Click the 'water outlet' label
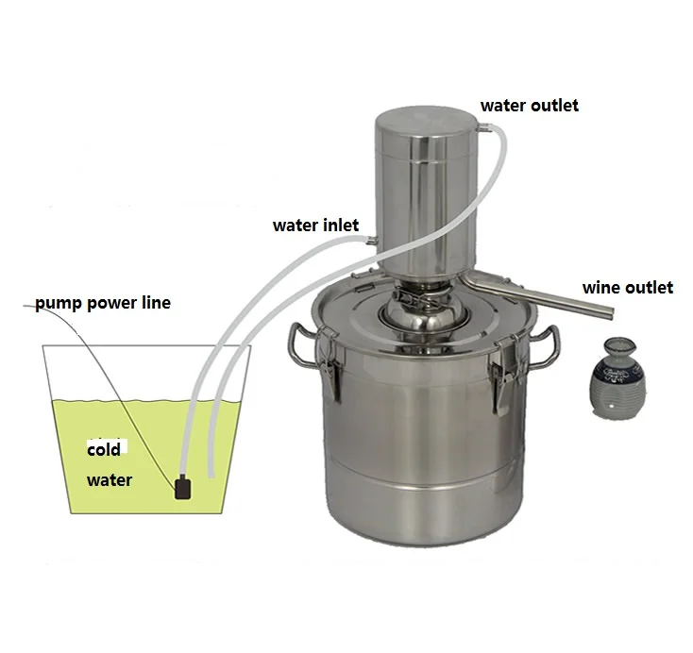coord(529,105)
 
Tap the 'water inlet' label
coord(315,226)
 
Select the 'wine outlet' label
coord(628,288)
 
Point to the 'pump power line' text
coord(103,304)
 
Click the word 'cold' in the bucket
coord(104,450)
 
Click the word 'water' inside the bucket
coord(110,480)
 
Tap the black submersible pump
coord(183,489)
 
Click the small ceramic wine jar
coord(617,378)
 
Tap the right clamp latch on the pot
coord(505,376)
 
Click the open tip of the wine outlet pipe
coord(611,313)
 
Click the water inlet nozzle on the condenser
coord(371,241)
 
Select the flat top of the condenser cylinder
coord(426,117)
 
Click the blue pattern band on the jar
coord(617,374)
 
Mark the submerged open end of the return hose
coord(211,475)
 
